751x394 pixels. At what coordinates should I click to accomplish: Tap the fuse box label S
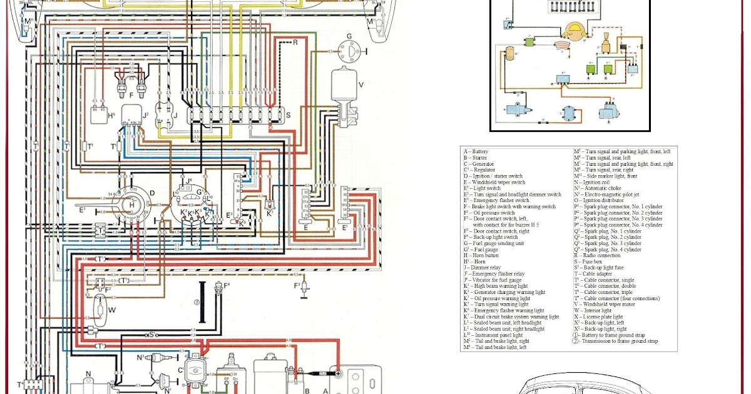(x=288, y=116)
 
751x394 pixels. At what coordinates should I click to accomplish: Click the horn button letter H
(x=131, y=204)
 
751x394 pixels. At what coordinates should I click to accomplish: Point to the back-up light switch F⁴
(x=218, y=288)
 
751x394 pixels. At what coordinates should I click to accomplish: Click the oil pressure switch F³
(x=304, y=287)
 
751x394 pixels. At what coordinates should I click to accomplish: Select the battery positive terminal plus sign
(x=338, y=373)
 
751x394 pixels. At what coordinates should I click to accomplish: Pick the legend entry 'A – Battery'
(x=477, y=151)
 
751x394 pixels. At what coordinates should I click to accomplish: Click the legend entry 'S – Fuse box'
(x=590, y=262)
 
